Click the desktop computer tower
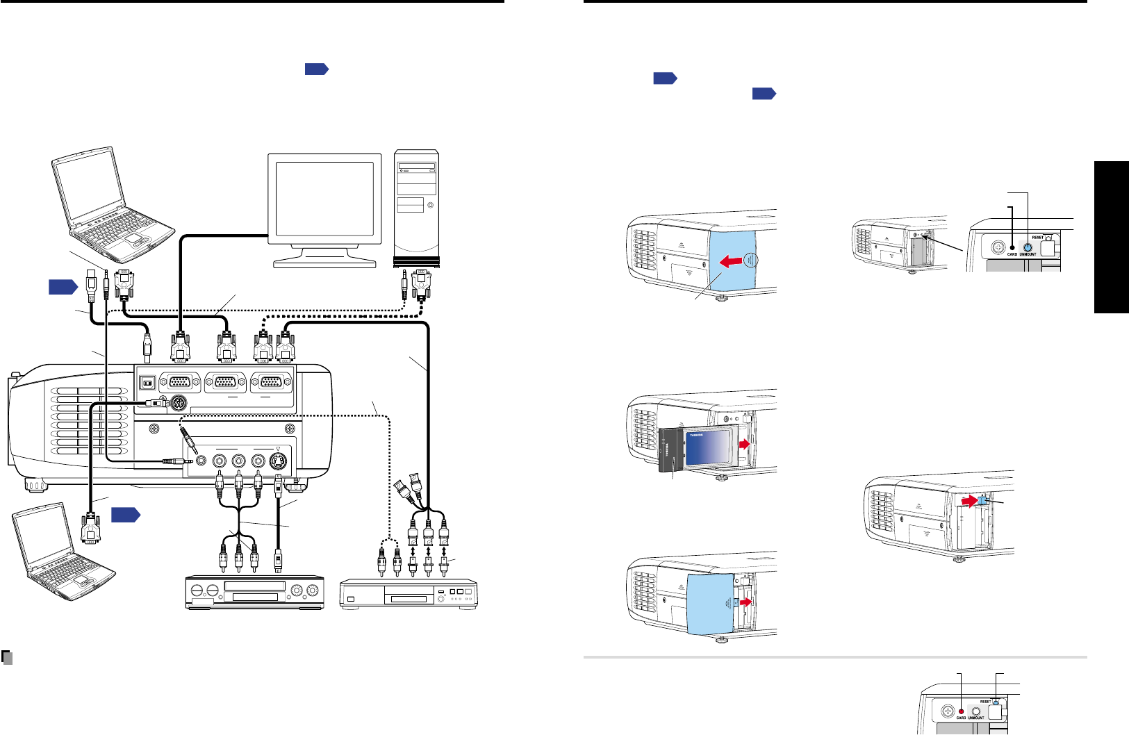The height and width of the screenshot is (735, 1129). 416,208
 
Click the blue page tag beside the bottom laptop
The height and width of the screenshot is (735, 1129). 125,515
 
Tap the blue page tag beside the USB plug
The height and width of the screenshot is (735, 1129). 62,286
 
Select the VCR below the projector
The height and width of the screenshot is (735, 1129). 254,592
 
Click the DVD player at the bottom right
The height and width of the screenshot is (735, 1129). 409,594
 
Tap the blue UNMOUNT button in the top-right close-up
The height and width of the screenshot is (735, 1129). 1028,247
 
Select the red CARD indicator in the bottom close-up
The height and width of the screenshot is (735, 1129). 961,711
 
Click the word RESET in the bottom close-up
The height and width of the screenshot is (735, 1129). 985,702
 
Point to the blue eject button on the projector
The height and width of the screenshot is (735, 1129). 982,500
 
